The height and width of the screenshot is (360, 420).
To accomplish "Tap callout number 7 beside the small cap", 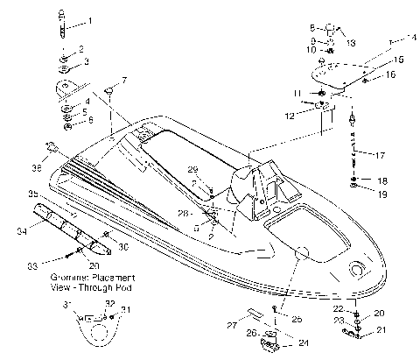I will click(x=123, y=80).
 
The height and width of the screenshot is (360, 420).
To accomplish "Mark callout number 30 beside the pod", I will click(x=123, y=247).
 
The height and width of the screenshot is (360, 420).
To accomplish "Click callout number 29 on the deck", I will click(x=192, y=169).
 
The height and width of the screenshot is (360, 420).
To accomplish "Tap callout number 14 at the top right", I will click(x=412, y=39).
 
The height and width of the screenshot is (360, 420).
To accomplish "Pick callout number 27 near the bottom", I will click(x=232, y=324).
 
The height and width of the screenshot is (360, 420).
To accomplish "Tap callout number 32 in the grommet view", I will click(x=110, y=302).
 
